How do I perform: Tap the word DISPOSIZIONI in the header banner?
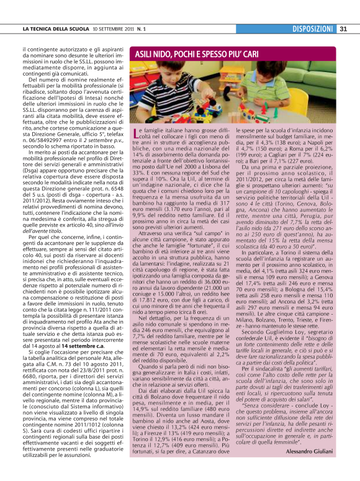point(313,29)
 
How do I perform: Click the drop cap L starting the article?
point(137,134)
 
